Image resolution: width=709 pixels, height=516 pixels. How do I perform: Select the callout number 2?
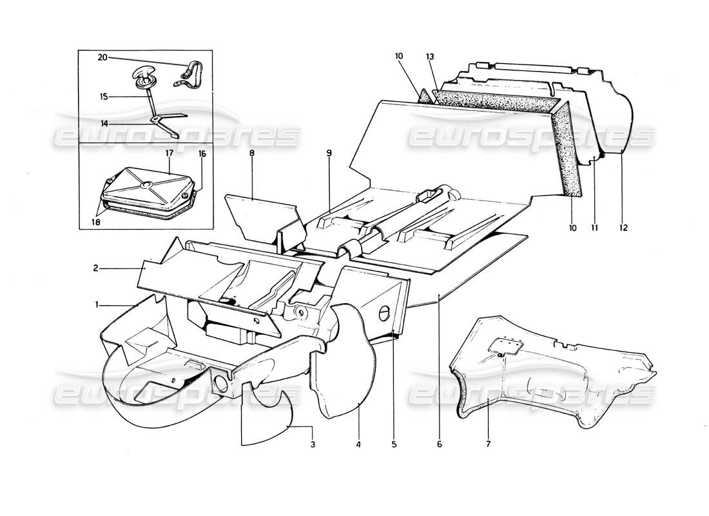pos(95,268)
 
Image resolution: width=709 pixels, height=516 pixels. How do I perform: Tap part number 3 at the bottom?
pos(313,444)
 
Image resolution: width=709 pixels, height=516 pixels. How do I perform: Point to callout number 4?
pos(358,444)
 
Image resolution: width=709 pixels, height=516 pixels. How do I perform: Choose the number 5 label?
pos(394,444)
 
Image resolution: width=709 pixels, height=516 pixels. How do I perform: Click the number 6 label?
pos(439,444)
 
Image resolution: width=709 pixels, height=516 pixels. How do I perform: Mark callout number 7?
pos(488,444)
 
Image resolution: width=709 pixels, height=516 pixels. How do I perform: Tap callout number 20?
pos(102,57)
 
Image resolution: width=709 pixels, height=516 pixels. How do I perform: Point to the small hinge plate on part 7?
pos(507,348)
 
